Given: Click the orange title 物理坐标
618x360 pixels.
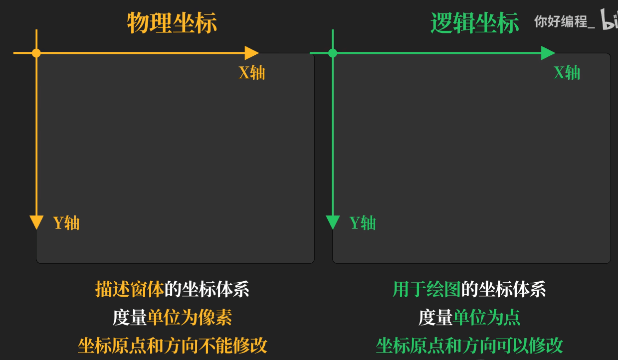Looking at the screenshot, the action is [x=172, y=23].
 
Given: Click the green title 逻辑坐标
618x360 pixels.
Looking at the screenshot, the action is [x=475, y=23].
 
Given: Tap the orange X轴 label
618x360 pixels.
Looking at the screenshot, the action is [x=251, y=73].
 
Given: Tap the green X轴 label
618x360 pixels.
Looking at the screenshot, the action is [x=567, y=73].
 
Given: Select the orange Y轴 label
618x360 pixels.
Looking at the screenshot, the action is [x=66, y=223].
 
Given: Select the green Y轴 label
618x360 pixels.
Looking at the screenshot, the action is [x=363, y=223].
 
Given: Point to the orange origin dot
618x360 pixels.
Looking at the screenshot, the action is [x=36, y=53].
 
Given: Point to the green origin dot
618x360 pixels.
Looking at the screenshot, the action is [x=333, y=53].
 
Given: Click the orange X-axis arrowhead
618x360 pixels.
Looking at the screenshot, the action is [x=251, y=53].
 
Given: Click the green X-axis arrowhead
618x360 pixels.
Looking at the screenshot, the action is [x=548, y=53].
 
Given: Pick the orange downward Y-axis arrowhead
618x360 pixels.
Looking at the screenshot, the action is [x=36, y=222].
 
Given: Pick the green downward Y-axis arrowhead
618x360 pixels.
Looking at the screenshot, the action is [x=333, y=222].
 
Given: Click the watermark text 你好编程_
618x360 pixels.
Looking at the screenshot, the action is [x=564, y=21].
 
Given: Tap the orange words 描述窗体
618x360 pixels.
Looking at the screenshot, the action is [x=130, y=289].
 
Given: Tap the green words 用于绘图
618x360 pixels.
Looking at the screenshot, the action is [x=426, y=289].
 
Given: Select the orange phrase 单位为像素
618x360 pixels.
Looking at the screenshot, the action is [x=190, y=318].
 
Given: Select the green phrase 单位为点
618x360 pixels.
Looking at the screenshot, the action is [x=487, y=318].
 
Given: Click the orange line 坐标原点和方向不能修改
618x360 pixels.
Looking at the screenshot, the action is [x=173, y=346].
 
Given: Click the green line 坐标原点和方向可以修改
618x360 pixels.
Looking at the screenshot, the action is [x=469, y=346].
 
